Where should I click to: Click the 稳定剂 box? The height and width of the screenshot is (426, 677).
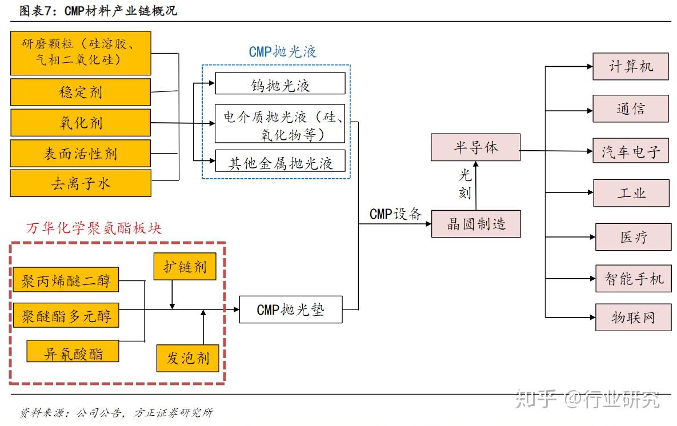pyautogui.click(x=81, y=92)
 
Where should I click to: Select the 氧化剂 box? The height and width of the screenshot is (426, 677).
pyautogui.click(x=81, y=123)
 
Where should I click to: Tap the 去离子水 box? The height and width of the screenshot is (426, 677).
pyautogui.click(x=81, y=183)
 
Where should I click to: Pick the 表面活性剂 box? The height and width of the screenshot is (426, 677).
pyautogui.click(x=81, y=153)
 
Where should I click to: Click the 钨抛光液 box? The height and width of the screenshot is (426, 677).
pyautogui.click(x=280, y=84)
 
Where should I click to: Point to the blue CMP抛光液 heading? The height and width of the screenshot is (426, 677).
pyautogui.click(x=282, y=52)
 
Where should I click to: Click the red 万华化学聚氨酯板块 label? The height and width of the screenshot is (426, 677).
pyautogui.click(x=94, y=228)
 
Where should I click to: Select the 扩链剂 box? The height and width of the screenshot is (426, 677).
pyautogui.click(x=185, y=266)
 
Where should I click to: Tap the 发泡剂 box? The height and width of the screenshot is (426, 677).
pyautogui.click(x=187, y=358)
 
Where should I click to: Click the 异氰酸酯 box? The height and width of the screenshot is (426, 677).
pyautogui.click(x=73, y=352)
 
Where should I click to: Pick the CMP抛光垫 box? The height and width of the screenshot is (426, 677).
pyautogui.click(x=290, y=310)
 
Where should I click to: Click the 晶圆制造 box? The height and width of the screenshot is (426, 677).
pyautogui.click(x=476, y=223)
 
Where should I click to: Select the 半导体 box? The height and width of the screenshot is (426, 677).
pyautogui.click(x=475, y=147)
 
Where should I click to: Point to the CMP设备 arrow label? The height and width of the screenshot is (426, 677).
pyautogui.click(x=395, y=214)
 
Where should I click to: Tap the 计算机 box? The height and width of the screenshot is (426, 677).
pyautogui.click(x=630, y=66)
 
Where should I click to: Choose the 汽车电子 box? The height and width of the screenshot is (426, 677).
pyautogui.click(x=630, y=151)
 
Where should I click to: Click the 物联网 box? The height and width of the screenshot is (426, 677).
pyautogui.click(x=633, y=317)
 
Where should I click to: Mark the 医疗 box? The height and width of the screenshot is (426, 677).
pyautogui.click(x=633, y=236)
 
